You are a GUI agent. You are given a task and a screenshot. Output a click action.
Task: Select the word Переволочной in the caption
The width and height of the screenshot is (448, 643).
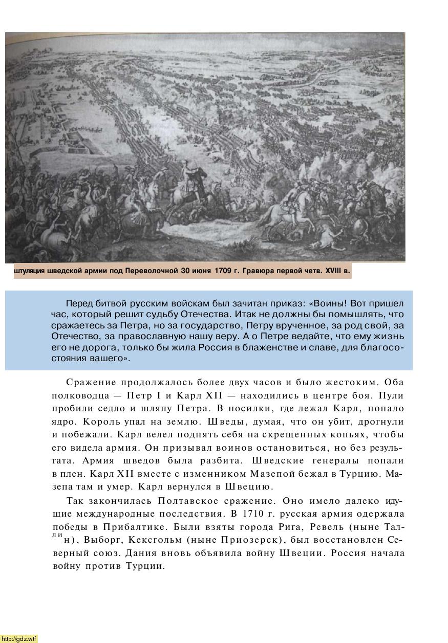152,271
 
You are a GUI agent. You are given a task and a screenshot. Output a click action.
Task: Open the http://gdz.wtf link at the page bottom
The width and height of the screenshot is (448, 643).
19,638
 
